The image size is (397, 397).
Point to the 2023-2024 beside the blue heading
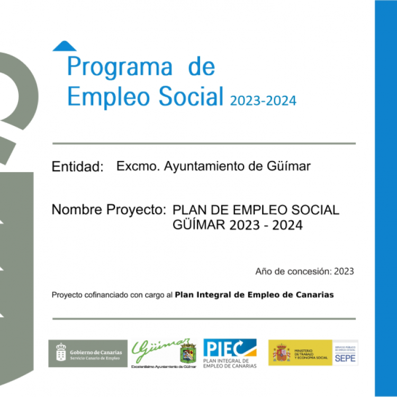point(263,101)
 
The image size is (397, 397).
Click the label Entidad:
point(77,167)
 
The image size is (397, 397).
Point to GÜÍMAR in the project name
point(199,225)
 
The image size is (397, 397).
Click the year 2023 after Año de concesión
point(344,272)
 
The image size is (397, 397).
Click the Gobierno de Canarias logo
point(88,353)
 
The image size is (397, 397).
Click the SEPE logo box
point(345,353)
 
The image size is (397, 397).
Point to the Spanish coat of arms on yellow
point(281,353)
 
